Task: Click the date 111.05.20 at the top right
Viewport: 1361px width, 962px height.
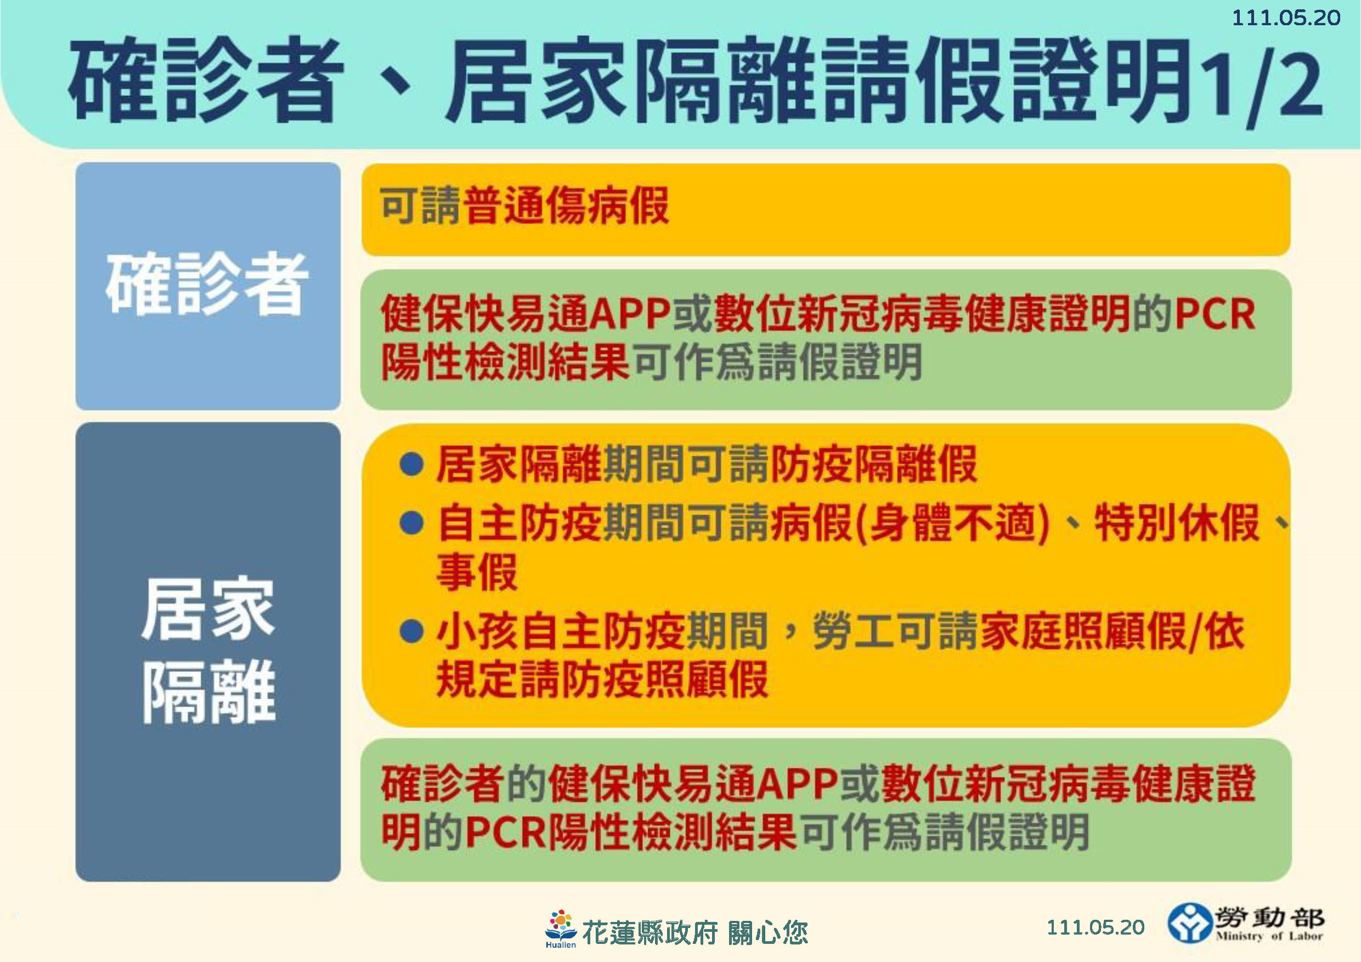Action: [1286, 18]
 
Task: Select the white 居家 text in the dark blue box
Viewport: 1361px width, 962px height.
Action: [208, 609]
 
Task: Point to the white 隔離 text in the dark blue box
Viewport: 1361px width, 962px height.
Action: [208, 692]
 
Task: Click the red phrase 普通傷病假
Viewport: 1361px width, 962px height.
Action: [566, 206]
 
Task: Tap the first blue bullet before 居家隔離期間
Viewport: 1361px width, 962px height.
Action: [411, 464]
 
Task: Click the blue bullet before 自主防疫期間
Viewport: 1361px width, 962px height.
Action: [411, 523]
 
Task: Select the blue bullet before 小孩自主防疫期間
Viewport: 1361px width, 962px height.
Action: [411, 631]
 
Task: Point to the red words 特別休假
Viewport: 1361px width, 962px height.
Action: [1177, 523]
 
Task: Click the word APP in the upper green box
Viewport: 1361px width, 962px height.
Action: [630, 314]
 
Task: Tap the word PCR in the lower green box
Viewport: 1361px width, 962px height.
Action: [506, 832]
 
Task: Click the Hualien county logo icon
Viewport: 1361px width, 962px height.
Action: [560, 929]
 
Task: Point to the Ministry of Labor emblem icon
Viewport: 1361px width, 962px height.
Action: [1189, 923]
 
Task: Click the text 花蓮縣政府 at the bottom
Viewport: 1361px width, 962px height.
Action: [650, 932]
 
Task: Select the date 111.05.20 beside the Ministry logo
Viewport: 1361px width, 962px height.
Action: [1095, 927]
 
